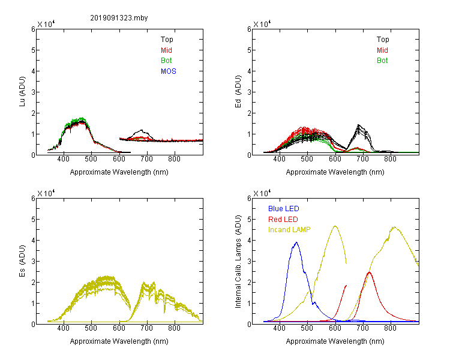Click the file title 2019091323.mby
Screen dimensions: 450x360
point(119,18)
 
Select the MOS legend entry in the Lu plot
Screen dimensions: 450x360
point(169,71)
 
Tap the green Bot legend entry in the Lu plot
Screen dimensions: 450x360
point(166,61)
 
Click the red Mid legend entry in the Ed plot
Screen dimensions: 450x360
point(382,50)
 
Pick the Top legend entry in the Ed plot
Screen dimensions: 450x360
point(383,40)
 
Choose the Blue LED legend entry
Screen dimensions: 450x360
point(284,209)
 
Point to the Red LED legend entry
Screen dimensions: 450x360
point(283,220)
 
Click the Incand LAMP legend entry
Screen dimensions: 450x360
point(289,230)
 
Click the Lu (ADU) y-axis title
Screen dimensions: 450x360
point(22,92)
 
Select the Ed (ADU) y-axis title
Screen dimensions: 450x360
point(238,92)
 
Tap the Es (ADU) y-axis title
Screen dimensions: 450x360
point(22,260)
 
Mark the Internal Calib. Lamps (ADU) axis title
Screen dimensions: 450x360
point(238,262)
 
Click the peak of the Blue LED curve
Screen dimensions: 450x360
point(296,242)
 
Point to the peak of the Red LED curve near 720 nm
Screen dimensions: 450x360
point(370,272)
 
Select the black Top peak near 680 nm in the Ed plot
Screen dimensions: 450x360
point(358,125)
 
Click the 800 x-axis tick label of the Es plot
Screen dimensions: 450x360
point(174,328)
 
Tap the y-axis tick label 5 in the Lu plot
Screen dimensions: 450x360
point(33,50)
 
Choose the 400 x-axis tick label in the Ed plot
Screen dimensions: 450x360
point(279,159)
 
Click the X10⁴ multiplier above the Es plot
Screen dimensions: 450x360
point(46,193)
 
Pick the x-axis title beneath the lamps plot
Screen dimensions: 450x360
point(335,341)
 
